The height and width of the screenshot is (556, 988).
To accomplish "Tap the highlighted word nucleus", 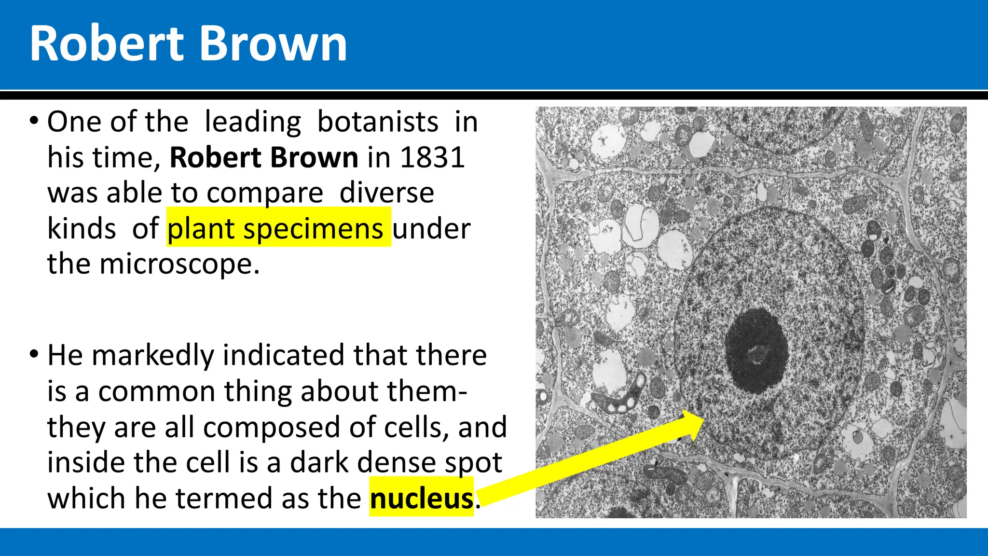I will click(x=422, y=498).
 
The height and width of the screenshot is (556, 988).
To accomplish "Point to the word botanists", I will click(x=378, y=122).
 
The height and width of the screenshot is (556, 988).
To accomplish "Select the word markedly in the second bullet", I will click(x=152, y=355).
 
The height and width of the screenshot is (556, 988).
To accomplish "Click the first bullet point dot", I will click(x=33, y=120).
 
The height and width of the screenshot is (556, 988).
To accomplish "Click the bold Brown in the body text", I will click(x=314, y=157).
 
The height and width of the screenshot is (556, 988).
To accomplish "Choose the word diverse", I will click(x=386, y=193).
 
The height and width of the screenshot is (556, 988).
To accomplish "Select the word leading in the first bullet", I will click(x=253, y=122).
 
